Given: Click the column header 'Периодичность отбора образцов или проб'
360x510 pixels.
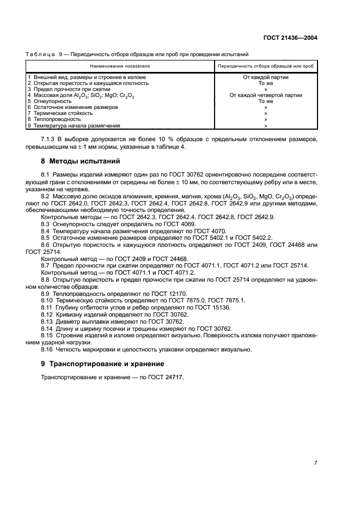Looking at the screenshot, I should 265,65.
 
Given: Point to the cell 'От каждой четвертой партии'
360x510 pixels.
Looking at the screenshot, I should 266,95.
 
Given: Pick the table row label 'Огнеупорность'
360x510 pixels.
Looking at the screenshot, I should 51,101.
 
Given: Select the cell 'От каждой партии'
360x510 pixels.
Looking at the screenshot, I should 266,77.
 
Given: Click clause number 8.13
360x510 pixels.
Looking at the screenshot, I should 47,321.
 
